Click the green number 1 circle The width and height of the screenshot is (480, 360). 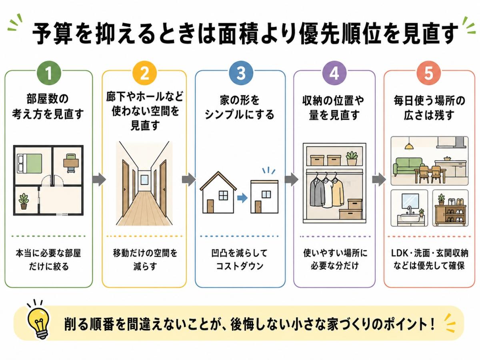coord(48,73)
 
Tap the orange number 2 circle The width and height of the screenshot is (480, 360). coord(145,73)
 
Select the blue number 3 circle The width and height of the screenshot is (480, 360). coord(241,73)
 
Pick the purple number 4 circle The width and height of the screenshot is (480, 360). coord(334,73)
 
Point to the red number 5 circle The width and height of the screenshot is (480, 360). coord(429,73)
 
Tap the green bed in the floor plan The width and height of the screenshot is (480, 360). coord(30,163)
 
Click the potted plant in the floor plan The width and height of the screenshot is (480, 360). coord(24,201)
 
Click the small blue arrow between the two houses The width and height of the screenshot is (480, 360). coord(242,198)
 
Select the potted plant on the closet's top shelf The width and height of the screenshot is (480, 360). coord(352,158)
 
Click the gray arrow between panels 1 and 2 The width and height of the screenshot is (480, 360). coord(99,180)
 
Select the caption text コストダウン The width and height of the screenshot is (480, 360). coord(240,266)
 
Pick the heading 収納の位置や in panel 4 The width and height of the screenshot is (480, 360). coord(333,100)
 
